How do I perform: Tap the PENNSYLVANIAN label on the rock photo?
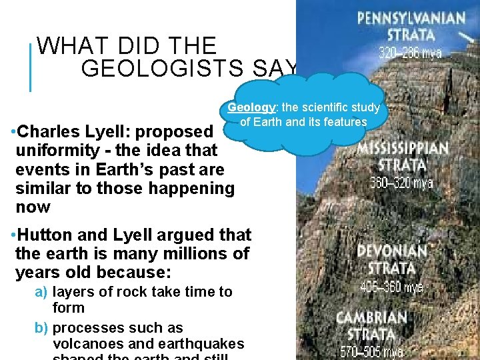click(411, 17)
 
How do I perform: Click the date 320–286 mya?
click(411, 53)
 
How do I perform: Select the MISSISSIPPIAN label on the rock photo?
click(403, 148)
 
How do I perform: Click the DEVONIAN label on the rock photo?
click(391, 252)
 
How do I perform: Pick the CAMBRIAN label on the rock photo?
click(371, 317)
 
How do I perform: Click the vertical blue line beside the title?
click(31, 67)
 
